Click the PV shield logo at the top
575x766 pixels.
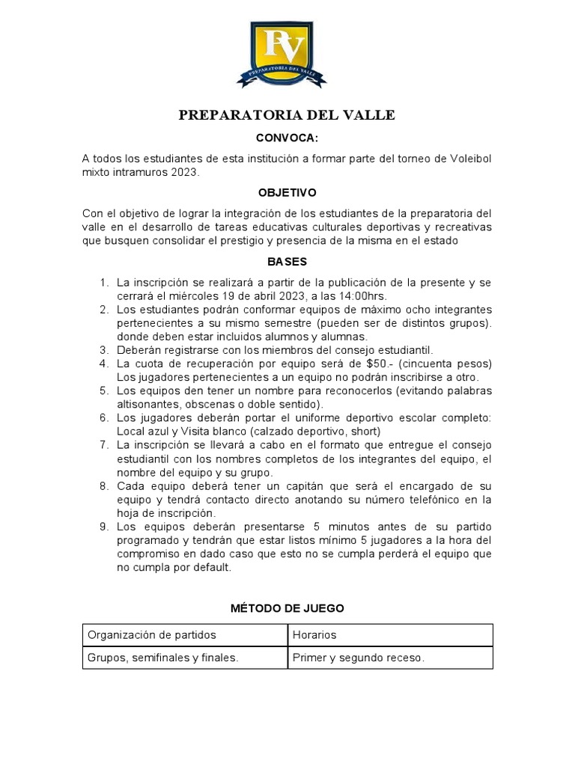coord(287,51)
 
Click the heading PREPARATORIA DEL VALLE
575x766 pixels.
coord(287,115)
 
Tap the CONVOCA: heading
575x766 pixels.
coord(287,138)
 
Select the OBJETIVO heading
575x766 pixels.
coord(287,192)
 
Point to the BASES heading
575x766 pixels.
coord(287,262)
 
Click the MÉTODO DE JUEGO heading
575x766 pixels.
coord(287,608)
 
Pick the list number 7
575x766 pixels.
coord(104,444)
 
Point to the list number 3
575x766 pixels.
coord(104,349)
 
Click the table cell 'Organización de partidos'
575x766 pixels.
coord(152,635)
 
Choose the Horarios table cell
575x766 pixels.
coord(315,635)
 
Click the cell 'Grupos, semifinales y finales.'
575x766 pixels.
coord(162,658)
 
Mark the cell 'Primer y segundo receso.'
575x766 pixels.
coord(359,658)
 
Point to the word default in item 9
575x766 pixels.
coord(211,567)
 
